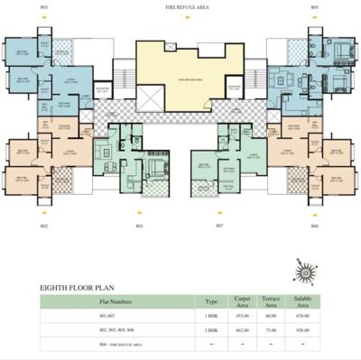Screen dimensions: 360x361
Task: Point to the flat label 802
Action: (x=43, y=225)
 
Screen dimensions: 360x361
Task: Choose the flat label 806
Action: (x=314, y=225)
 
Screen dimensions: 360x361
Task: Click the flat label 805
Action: (x=314, y=7)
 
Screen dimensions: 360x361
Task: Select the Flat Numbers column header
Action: (x=117, y=302)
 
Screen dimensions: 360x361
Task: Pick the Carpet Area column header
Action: (x=242, y=303)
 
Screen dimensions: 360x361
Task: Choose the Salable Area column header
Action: (x=301, y=303)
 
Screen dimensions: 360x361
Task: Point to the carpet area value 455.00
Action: (x=242, y=317)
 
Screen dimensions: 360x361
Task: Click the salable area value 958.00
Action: (x=301, y=330)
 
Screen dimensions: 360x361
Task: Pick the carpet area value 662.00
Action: (x=242, y=330)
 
